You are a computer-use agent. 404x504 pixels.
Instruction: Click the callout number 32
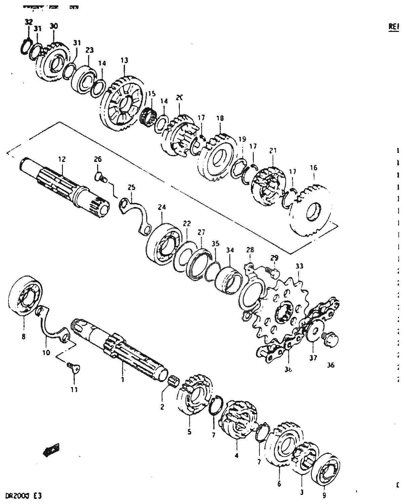click(29, 22)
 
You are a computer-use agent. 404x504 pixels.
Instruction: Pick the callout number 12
click(62, 159)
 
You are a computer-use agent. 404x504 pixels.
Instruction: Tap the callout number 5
click(189, 432)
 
